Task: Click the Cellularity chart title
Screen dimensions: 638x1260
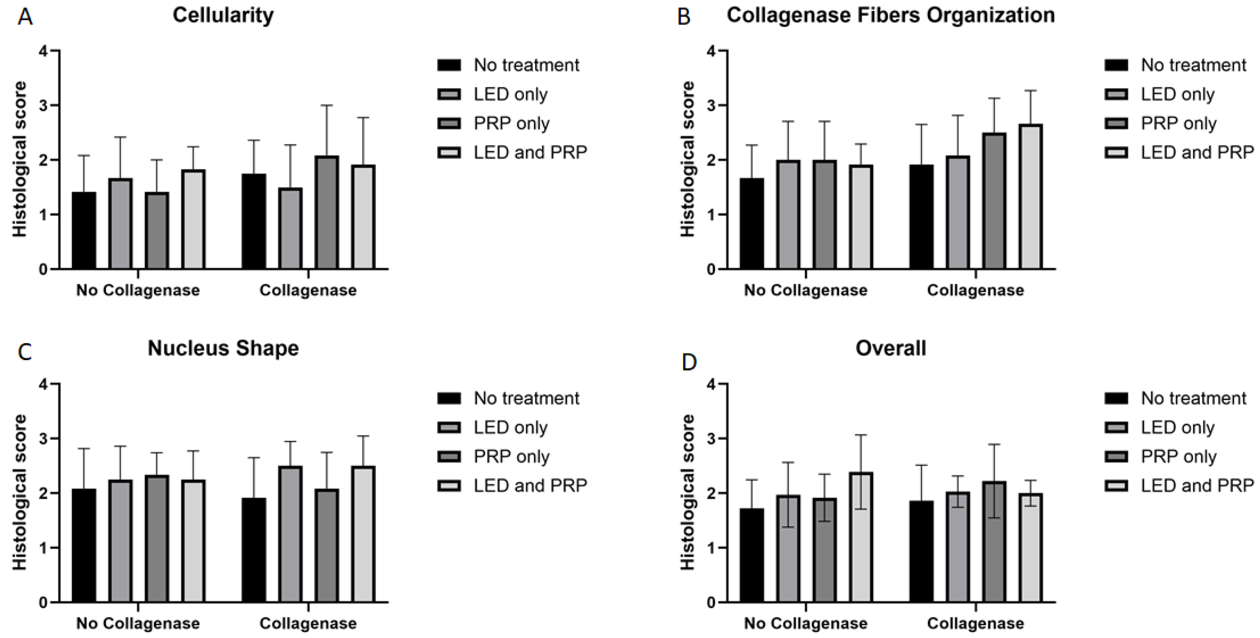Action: pos(223,15)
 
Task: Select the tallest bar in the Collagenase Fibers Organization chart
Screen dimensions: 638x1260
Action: pos(1031,196)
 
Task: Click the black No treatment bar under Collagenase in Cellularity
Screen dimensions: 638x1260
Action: pos(254,221)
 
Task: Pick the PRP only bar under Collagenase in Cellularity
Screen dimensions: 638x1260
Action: pos(326,212)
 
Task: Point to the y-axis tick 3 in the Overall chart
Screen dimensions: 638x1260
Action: pos(711,438)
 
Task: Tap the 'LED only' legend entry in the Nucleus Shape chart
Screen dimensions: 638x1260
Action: pos(510,427)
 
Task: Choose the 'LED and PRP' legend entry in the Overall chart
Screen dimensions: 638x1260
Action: pos(1197,485)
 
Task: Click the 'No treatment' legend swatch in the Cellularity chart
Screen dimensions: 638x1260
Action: pos(449,65)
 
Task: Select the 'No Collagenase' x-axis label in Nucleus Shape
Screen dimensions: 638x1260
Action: pos(138,623)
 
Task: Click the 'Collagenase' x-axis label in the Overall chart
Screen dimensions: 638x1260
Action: pos(975,623)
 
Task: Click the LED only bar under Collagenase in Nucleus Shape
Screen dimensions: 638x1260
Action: pos(290,534)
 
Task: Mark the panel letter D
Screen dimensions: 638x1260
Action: pos(689,363)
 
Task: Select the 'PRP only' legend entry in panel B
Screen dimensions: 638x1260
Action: pos(1179,123)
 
